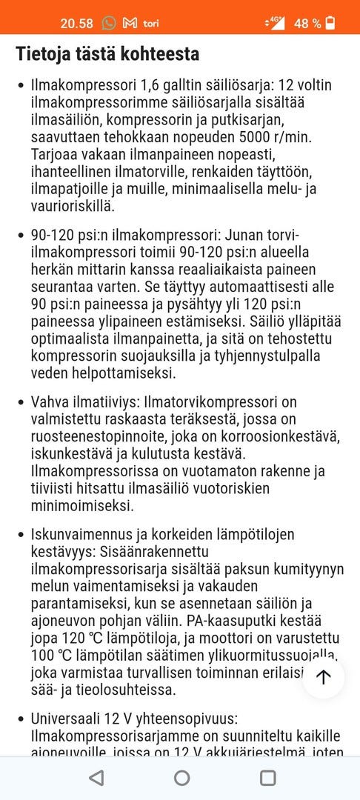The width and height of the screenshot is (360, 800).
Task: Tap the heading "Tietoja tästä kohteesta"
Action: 107,54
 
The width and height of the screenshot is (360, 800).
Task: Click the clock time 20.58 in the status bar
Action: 76,23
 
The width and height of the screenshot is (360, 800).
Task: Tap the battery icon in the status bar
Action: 330,23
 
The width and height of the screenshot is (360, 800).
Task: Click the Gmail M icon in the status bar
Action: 130,23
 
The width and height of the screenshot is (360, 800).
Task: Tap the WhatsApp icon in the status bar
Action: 109,23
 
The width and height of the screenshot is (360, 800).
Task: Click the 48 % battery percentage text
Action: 307,23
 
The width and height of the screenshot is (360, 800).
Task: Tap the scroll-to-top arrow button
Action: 324,676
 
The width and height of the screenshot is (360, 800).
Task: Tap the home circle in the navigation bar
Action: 181,777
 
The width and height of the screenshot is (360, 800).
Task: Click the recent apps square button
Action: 268,777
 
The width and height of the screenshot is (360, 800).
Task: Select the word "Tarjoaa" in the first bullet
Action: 54,155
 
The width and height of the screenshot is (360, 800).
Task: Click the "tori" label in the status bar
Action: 150,23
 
